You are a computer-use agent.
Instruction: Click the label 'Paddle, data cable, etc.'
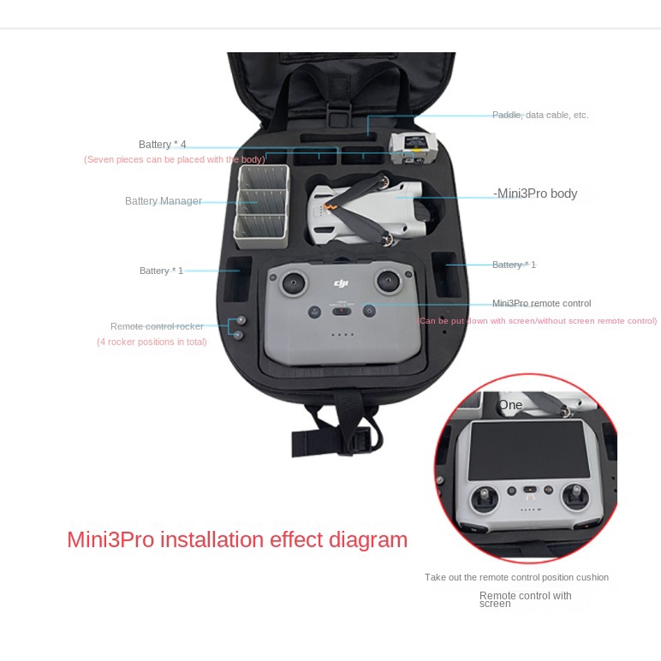[x=539, y=115]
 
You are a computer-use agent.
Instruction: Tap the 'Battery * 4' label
[x=162, y=144]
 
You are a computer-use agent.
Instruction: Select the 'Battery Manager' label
[x=164, y=201]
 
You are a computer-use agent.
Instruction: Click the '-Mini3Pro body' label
[x=536, y=194]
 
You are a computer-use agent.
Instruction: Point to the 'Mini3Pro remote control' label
[x=541, y=303]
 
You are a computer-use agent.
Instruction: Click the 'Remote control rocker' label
[x=157, y=326]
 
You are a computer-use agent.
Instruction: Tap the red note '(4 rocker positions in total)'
[x=152, y=342]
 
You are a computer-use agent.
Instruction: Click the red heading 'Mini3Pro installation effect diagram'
[x=237, y=539]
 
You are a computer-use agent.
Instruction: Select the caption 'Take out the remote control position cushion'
[x=516, y=577]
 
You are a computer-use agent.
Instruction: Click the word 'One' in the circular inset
[x=510, y=405]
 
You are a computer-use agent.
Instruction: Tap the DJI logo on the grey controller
[x=342, y=283]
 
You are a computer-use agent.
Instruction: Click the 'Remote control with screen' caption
[x=525, y=599]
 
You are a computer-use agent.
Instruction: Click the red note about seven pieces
[x=174, y=160]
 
